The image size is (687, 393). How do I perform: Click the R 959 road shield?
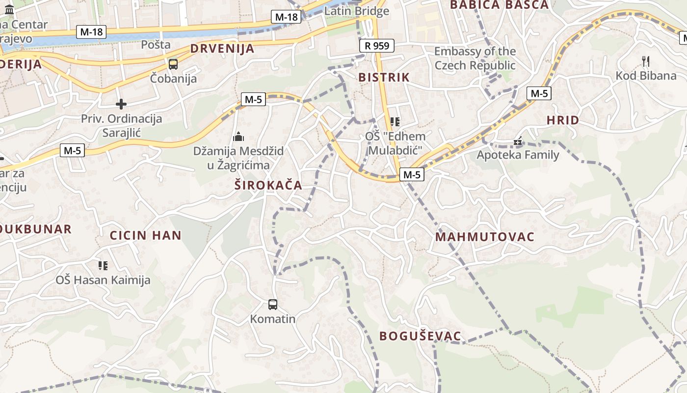pyautogui.click(x=377, y=46)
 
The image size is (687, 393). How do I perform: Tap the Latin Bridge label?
pyautogui.click(x=356, y=11)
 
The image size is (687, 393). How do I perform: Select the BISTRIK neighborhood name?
pyautogui.click(x=384, y=77)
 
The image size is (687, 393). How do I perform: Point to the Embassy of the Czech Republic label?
pyautogui.click(x=475, y=58)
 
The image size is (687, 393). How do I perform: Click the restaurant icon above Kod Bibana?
pyautogui.click(x=646, y=61)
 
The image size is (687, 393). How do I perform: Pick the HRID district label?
pyautogui.click(x=563, y=120)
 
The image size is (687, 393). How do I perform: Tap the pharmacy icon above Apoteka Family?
pyautogui.click(x=518, y=141)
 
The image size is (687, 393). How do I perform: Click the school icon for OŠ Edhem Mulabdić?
pyautogui.click(x=395, y=121)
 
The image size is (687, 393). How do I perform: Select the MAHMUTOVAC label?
pyautogui.click(x=485, y=237)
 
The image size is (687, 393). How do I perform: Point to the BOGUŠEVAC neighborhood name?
pyautogui.click(x=421, y=336)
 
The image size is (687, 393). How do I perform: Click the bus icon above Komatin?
pyautogui.click(x=273, y=305)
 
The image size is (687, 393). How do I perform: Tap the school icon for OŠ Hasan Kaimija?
pyautogui.click(x=103, y=266)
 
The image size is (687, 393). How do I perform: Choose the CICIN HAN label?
pyautogui.click(x=146, y=235)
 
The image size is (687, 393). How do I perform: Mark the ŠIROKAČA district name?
pyautogui.click(x=268, y=185)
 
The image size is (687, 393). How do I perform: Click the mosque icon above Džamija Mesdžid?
pyautogui.click(x=238, y=136)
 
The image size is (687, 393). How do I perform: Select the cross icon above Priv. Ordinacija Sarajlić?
pyautogui.click(x=121, y=104)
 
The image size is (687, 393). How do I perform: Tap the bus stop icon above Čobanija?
pyautogui.click(x=173, y=64)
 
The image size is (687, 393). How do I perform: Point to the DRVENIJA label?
pyautogui.click(x=222, y=49)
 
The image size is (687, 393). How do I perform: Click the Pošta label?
pyautogui.click(x=156, y=45)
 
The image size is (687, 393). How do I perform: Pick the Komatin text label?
pyautogui.click(x=273, y=319)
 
